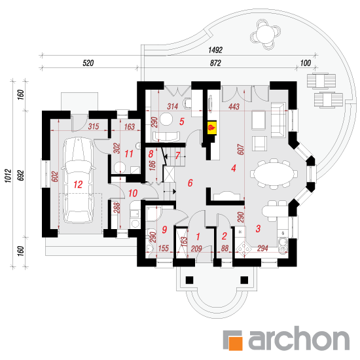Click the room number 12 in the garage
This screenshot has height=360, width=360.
click(x=78, y=185)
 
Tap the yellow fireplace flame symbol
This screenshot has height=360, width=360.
click(x=211, y=127)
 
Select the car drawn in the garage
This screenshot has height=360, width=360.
click(x=79, y=181)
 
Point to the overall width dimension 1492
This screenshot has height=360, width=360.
click(x=215, y=50)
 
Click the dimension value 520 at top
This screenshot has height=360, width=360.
click(x=88, y=63)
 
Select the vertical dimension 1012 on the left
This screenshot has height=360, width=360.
click(x=9, y=176)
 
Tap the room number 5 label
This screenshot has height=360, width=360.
click(x=182, y=122)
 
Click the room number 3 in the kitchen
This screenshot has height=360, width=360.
click(x=258, y=228)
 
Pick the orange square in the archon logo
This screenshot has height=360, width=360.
click(x=236, y=343)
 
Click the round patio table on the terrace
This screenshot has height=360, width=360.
click(x=265, y=35)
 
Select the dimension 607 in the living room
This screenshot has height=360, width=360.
click(x=240, y=149)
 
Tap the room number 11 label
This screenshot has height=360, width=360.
click(x=129, y=154)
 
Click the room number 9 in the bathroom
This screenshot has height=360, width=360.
click(x=164, y=229)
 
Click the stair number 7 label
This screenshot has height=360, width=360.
click(x=177, y=155)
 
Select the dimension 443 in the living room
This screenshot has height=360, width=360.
click(x=234, y=106)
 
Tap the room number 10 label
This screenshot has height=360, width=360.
click(x=133, y=193)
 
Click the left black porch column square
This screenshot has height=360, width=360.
click(x=189, y=280)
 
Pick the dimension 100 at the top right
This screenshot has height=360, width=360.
click(x=306, y=63)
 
